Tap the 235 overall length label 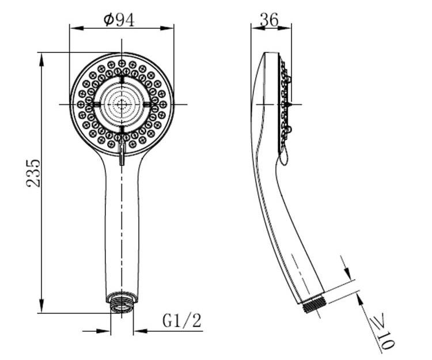[33, 172]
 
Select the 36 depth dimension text [269, 20]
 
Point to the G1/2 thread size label [182, 320]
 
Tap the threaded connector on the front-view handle [122, 301]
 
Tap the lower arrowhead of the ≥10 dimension [358, 297]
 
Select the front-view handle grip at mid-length [122, 230]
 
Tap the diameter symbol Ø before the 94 [109, 20]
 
